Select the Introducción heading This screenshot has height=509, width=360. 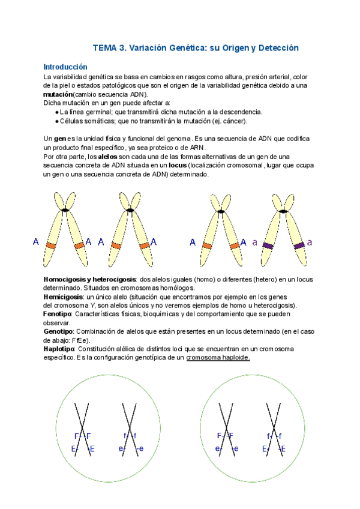[65, 67]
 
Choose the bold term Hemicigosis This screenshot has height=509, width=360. [63, 297]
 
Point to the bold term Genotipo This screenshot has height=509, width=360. [58, 331]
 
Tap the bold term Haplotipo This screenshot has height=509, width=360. [59, 349]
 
